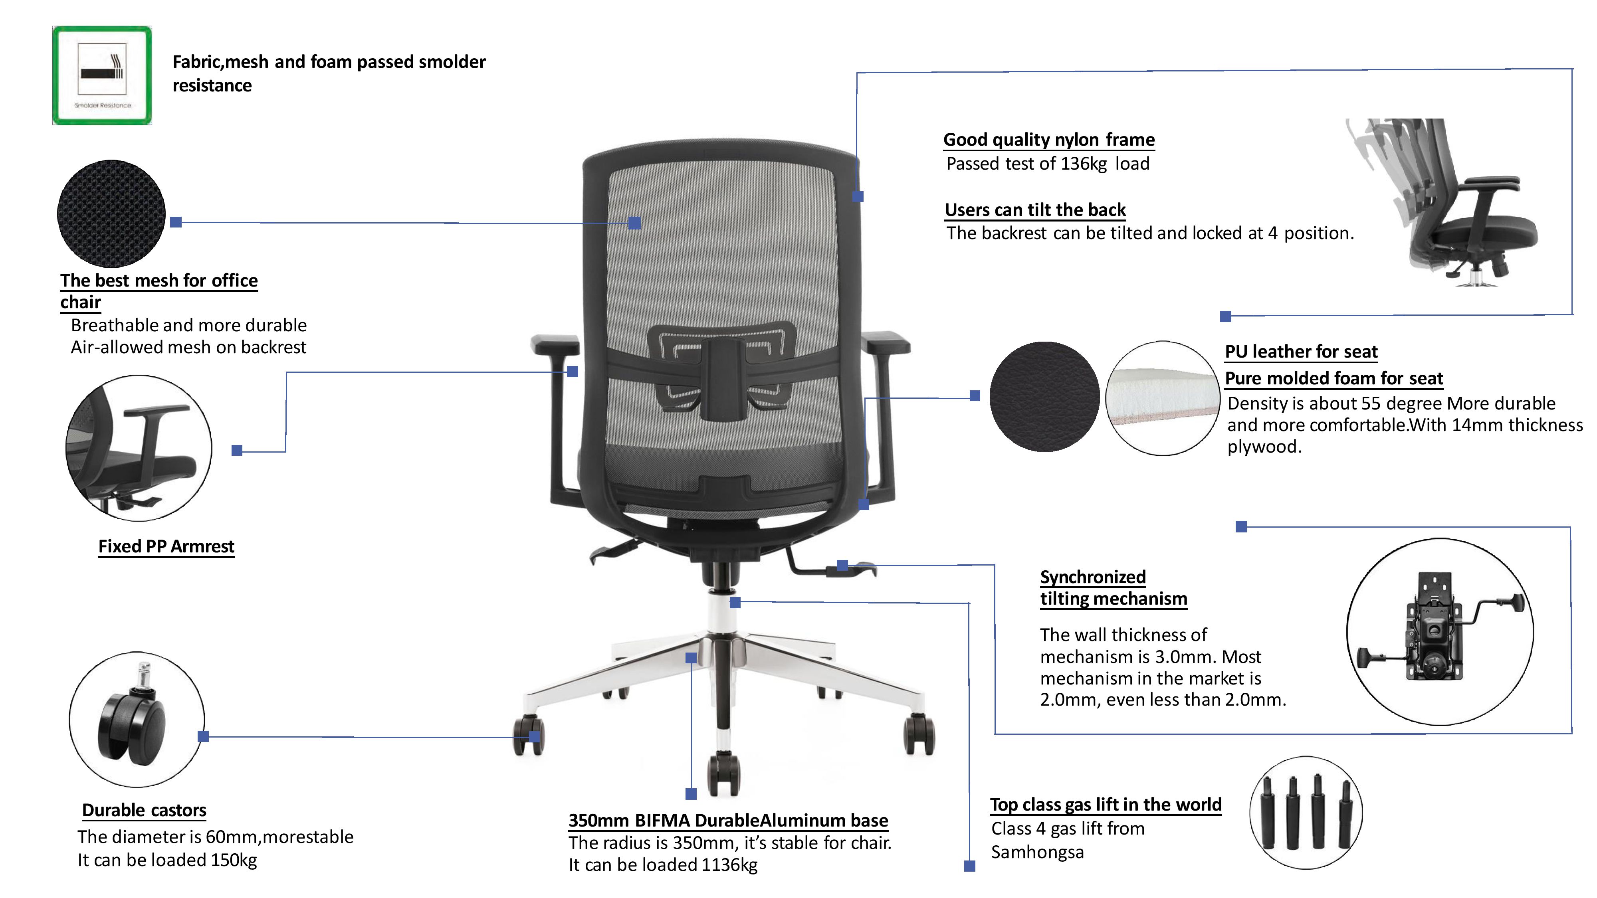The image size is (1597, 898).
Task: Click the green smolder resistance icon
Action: click(x=102, y=75)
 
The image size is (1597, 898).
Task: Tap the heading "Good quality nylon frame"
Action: click(x=1048, y=139)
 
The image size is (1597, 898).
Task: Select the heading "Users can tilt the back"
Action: click(x=1035, y=210)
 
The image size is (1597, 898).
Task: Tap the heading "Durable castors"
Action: click(x=144, y=810)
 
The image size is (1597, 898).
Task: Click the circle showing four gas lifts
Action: click(x=1306, y=812)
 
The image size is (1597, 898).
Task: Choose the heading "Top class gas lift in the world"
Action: click(x=1106, y=805)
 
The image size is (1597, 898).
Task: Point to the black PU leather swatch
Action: click(x=1044, y=397)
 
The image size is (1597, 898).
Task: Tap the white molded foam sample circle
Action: click(x=1162, y=398)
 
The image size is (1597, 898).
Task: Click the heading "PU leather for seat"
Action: click(x=1301, y=351)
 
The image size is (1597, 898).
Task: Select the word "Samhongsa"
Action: click(x=1037, y=852)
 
